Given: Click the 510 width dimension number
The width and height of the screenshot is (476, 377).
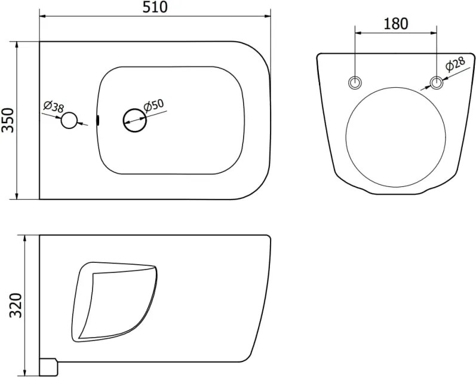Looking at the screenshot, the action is click(x=155, y=7).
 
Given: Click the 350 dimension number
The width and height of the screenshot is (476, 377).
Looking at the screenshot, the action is click(x=8, y=120).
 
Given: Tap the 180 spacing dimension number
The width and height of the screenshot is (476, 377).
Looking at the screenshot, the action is click(x=396, y=24).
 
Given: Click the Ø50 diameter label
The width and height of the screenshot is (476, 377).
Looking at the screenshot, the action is click(x=154, y=106).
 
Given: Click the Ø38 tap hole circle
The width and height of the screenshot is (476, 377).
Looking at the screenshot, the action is click(x=69, y=120).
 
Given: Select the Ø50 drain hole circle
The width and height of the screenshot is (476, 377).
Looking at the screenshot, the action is click(x=135, y=120).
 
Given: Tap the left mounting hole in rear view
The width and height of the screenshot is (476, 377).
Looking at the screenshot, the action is click(x=355, y=82).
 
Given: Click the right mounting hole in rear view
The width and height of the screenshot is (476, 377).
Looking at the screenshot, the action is click(x=437, y=82).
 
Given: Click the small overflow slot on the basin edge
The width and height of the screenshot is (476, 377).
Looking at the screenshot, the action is click(x=98, y=120).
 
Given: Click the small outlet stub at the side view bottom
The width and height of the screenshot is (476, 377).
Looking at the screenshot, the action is click(x=48, y=367).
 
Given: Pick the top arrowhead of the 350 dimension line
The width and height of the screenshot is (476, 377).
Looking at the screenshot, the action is click(x=17, y=44).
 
